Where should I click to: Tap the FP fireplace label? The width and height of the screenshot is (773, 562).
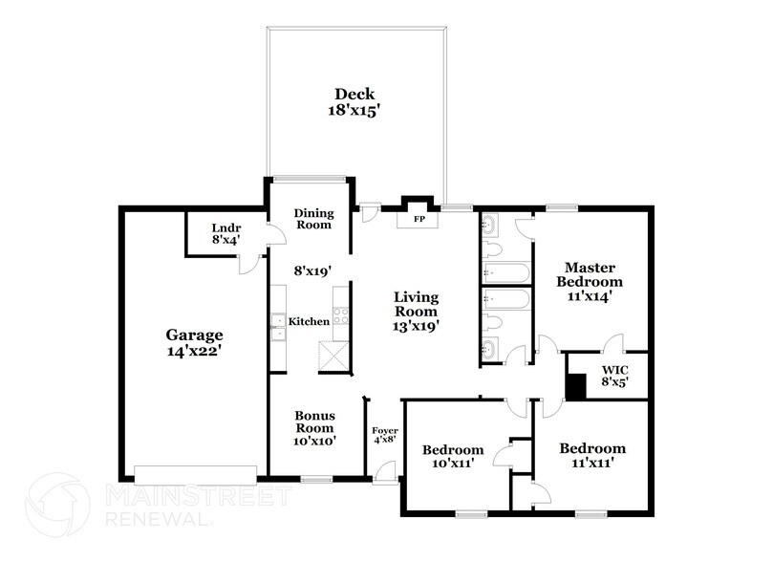418,220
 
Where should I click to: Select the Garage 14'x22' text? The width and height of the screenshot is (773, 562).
194,342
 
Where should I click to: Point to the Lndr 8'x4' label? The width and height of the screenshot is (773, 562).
226,234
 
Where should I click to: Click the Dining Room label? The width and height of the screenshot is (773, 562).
311,219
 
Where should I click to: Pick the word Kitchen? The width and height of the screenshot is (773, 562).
310,322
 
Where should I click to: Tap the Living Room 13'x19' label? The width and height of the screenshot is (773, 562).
416,312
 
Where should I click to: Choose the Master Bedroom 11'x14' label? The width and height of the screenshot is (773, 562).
592,282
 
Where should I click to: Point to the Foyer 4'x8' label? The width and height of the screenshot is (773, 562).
384,437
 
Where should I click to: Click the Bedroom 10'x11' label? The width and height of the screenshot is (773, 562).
453,456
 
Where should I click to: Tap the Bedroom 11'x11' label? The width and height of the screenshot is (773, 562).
592,455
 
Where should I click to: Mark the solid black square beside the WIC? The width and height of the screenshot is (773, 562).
576,386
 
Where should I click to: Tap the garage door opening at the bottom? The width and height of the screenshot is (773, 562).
196,473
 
